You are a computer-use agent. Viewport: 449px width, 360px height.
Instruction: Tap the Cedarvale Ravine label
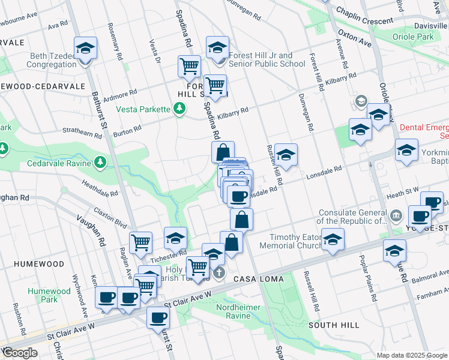tap(58, 163)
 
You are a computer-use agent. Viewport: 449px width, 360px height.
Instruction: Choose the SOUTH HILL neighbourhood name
tap(334, 325)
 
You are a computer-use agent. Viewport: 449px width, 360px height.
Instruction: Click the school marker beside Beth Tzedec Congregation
tap(85, 49)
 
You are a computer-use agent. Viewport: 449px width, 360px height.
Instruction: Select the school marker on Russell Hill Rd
tap(286, 155)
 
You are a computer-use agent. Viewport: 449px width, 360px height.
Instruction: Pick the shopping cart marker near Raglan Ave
tap(140, 242)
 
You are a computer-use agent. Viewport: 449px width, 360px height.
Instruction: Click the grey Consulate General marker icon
tap(396, 215)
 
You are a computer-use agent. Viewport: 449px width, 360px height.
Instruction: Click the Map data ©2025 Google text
tap(411, 355)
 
